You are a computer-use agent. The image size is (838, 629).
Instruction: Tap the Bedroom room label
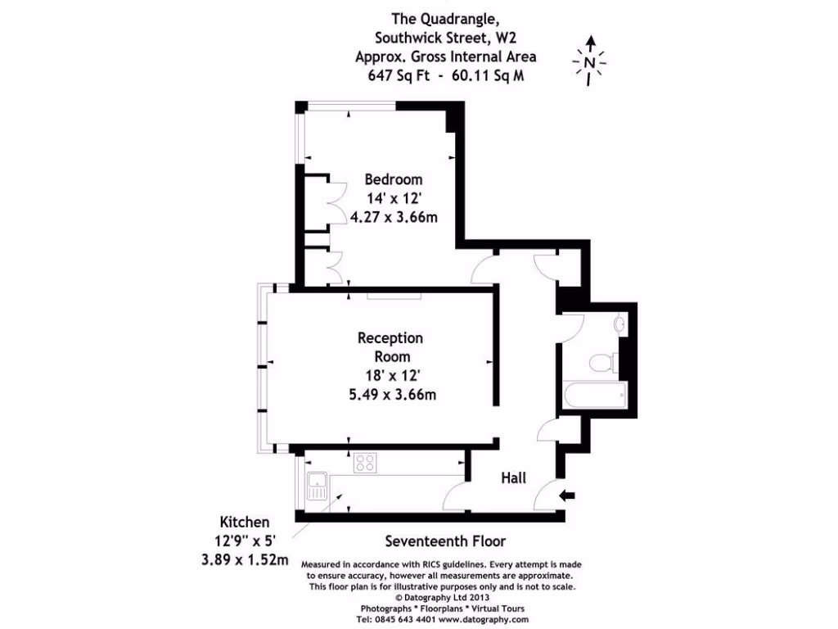[x=394, y=179]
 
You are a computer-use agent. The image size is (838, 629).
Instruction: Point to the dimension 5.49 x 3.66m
[x=391, y=394]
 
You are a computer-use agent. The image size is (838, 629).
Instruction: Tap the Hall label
[x=513, y=478]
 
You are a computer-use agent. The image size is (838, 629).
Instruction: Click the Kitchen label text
[x=244, y=522]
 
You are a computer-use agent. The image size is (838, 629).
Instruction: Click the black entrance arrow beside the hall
[x=570, y=495]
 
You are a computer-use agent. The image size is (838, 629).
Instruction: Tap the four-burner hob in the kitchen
[x=365, y=463]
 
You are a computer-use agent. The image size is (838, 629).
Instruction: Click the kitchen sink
[x=316, y=489]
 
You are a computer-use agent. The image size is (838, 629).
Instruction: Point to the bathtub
[x=595, y=397]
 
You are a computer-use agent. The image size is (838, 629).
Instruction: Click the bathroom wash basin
[x=620, y=325]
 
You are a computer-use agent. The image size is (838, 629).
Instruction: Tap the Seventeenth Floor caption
[x=445, y=541]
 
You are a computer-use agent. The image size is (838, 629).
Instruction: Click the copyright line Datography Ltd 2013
[x=445, y=598]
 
